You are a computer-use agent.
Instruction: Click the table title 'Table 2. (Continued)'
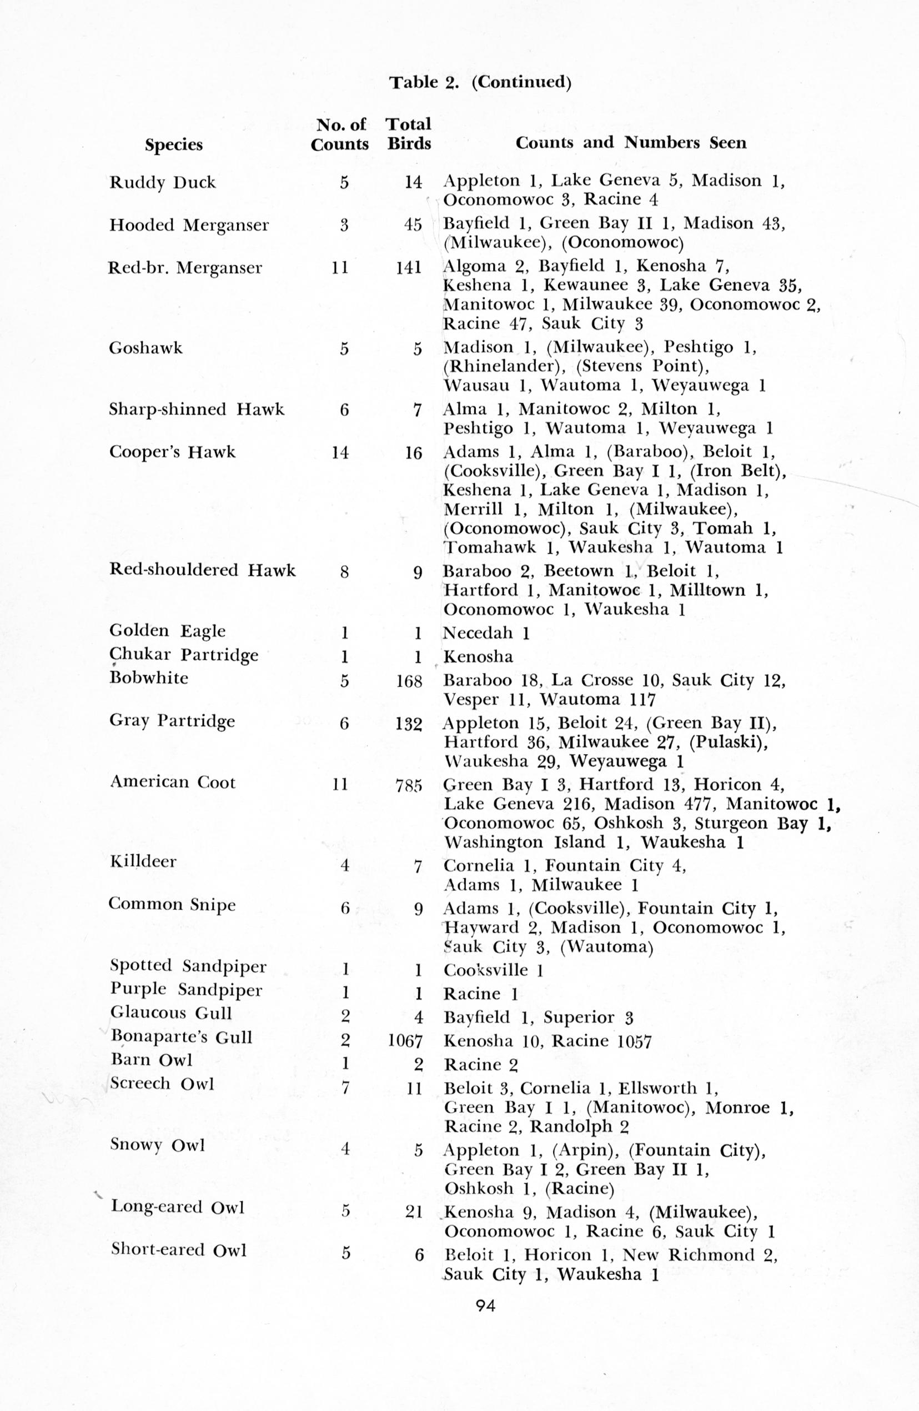[x=480, y=82]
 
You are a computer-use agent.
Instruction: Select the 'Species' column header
[x=174, y=144]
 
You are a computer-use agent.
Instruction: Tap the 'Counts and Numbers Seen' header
[x=630, y=143]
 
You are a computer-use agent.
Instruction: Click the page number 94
[x=485, y=1305]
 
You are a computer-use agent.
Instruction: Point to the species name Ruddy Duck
[x=162, y=182]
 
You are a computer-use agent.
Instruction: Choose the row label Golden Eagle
[x=168, y=631]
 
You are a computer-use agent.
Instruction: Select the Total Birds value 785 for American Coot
[x=409, y=786]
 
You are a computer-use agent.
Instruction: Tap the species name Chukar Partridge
[x=184, y=655]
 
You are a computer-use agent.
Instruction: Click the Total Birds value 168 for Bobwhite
[x=409, y=681]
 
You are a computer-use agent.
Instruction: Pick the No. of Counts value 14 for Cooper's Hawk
[x=340, y=453]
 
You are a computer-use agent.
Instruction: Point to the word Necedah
[x=478, y=633]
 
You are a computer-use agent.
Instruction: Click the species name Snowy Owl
[x=158, y=1145]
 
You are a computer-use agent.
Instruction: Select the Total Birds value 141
[x=409, y=268]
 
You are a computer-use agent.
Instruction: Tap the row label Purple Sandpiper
[x=186, y=990]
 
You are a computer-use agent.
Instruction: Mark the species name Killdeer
[x=143, y=861]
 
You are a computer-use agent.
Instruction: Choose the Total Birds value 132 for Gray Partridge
[x=409, y=724]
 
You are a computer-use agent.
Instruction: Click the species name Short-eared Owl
[x=178, y=1250]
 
